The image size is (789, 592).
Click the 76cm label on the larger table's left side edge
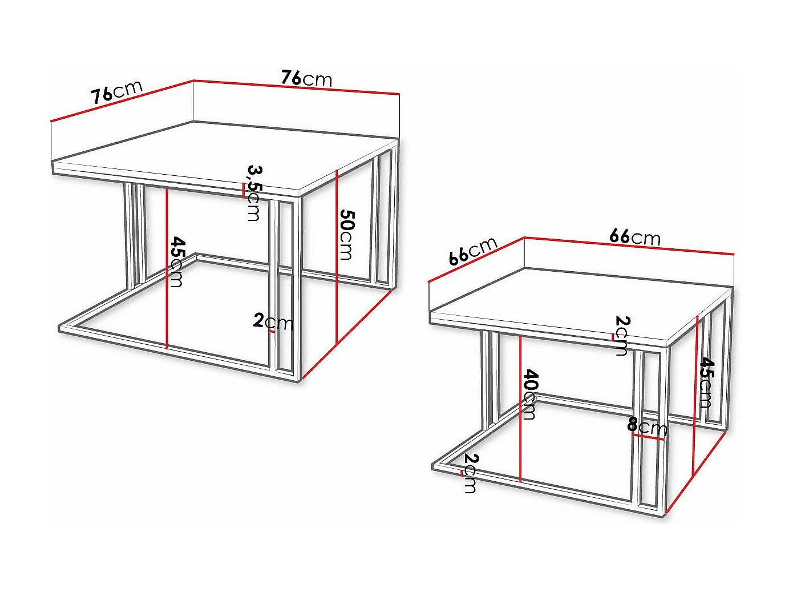(117, 92)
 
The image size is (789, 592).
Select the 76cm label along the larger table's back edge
(306, 78)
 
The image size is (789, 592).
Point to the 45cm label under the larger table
(177, 262)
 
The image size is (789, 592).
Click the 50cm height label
(347, 235)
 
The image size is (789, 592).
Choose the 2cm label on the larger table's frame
(273, 322)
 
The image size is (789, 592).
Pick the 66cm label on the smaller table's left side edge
(473, 251)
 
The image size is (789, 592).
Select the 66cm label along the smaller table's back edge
(635, 236)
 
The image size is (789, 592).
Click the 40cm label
(530, 394)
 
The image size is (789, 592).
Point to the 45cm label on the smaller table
(706, 382)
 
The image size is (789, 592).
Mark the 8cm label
(647, 426)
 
